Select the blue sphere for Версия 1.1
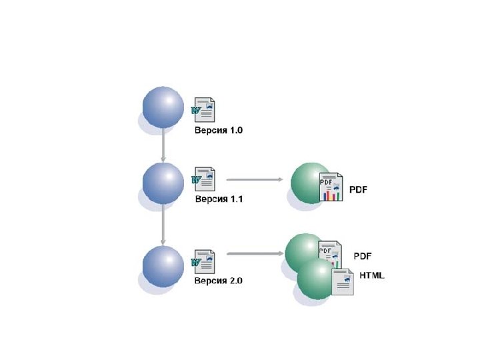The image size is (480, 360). pos(163,182)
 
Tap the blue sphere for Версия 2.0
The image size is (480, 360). pos(163,265)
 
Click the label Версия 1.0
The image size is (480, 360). pos(219,131)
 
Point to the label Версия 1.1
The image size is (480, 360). pos(219,199)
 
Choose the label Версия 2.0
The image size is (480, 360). pos(219,281)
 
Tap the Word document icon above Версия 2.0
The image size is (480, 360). pos(204,261)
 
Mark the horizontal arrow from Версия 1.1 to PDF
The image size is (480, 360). pos(255,179)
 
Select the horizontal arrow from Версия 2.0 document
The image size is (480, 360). pos(255,253)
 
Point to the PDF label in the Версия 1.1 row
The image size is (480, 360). pos(359,189)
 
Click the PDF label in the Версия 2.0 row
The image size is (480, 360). pos(363,256)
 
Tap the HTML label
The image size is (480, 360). pos(372,275)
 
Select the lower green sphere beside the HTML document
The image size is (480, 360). pos(315,280)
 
